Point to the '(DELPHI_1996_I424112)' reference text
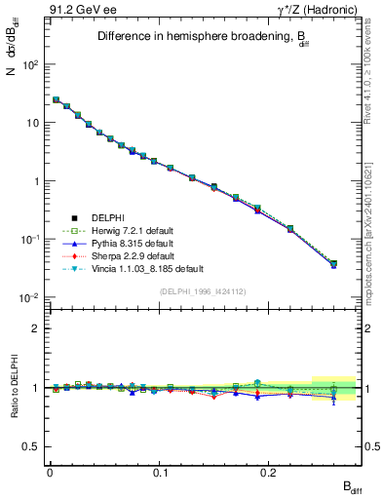click(203, 290)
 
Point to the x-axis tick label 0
click(50, 471)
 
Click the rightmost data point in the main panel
click(333, 263)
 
